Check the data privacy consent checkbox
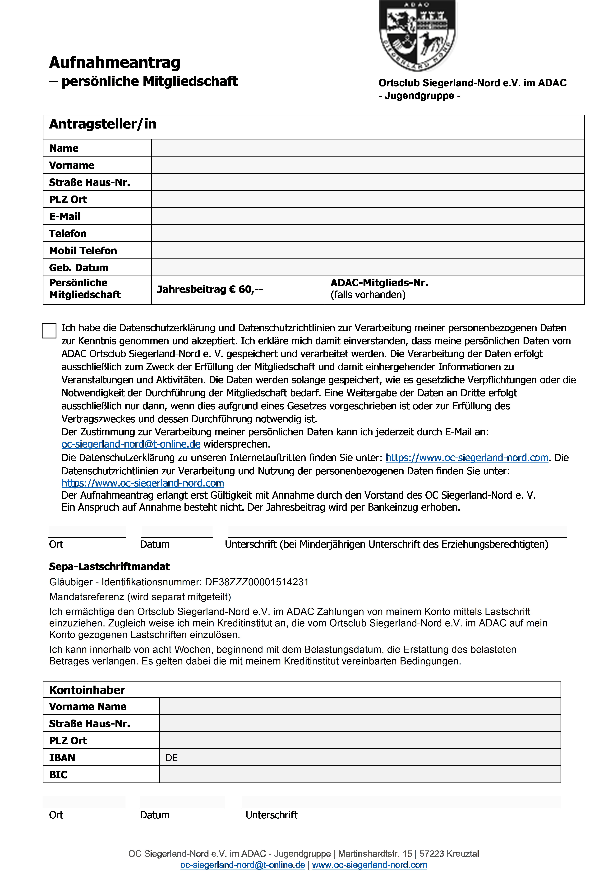tap(49, 330)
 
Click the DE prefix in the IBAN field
tap(171, 758)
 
